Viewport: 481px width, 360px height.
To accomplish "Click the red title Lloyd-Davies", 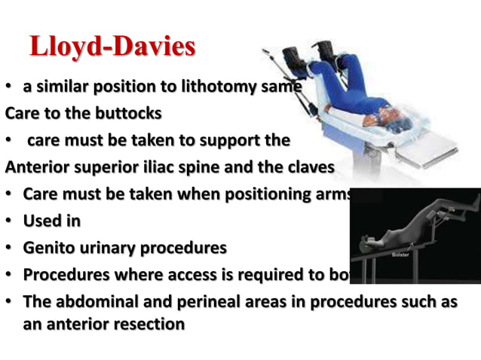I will click(x=112, y=47).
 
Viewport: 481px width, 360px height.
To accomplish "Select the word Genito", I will click(x=51, y=246).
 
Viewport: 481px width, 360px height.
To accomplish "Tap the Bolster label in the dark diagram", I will click(x=401, y=255).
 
